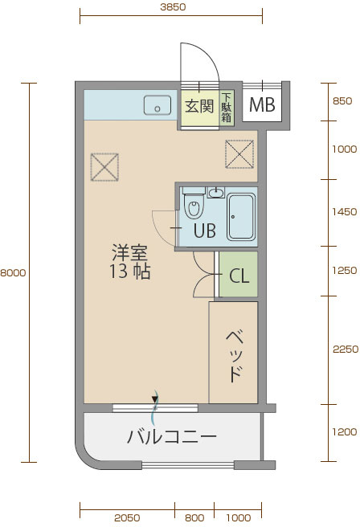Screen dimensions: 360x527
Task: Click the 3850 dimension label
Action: tap(173, 7)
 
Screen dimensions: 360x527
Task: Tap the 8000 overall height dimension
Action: tap(13, 272)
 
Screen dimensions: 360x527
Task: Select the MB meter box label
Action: tap(262, 105)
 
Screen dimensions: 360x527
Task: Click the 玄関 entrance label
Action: tap(199, 106)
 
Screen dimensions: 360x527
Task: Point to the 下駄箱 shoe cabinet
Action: tap(227, 108)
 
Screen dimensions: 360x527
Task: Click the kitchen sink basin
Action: tap(157, 105)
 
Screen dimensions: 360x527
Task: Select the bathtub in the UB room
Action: tap(241, 217)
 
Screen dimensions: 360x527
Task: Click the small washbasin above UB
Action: tap(216, 193)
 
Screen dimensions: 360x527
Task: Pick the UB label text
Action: tap(205, 231)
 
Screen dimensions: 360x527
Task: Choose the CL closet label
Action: tap(239, 276)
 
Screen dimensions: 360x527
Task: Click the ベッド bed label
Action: tap(235, 356)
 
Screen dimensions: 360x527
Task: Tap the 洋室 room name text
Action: tap(129, 253)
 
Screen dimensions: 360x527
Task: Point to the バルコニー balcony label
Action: tap(172, 436)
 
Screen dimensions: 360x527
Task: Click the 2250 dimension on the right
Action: tap(346, 349)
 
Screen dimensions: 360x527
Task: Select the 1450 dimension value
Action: tap(345, 212)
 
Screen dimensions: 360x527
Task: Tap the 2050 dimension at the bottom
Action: tap(127, 517)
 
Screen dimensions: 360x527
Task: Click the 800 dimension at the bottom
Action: tap(194, 517)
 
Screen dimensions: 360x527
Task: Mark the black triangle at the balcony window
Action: tap(154, 399)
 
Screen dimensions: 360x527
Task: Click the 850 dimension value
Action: tap(342, 101)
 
